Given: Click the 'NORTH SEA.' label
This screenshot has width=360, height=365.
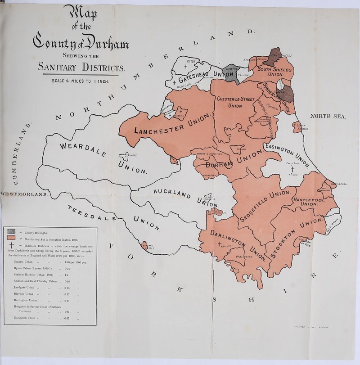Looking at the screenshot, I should coord(324,117).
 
